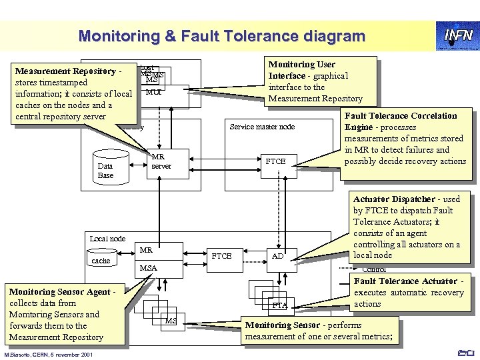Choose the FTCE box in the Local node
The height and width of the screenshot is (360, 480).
pos(221,255)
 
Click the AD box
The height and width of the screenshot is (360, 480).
pos(279,257)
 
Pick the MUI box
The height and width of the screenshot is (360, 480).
pos(153,91)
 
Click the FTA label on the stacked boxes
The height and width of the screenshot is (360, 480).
pos(279,305)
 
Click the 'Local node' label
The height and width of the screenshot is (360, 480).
pos(107,238)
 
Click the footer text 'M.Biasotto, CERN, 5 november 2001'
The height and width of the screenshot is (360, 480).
pos(51,353)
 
